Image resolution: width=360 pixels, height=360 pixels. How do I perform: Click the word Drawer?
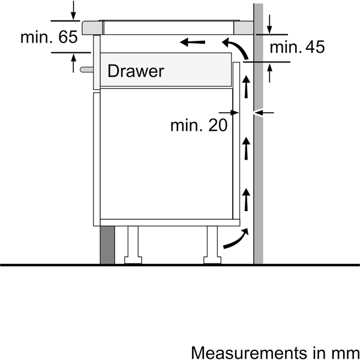coord(136,71)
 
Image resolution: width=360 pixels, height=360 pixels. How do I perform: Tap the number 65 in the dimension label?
coord(68,37)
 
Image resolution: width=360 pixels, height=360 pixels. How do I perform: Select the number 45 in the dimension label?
coord(315,47)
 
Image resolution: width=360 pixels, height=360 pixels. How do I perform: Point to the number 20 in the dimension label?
coord(218,125)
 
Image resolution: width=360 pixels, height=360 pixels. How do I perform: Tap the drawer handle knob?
coord(86,70)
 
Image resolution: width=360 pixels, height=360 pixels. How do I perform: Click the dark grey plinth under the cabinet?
coord(107,245)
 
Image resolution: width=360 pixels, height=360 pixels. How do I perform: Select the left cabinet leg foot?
coord(133,260)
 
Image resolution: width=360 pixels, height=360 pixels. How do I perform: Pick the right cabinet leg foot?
coord(212,260)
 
